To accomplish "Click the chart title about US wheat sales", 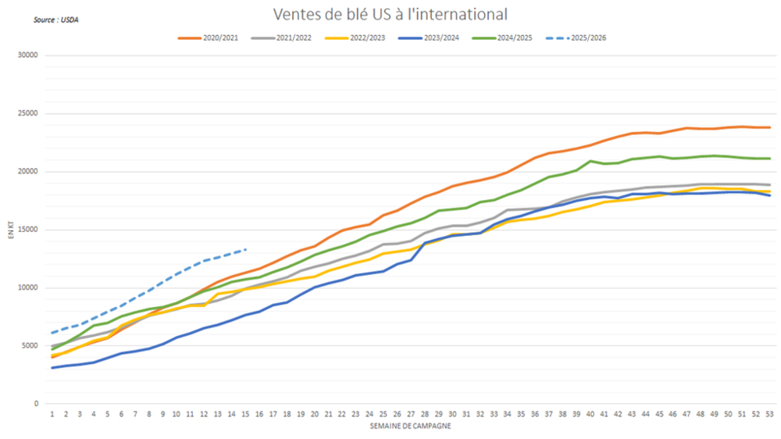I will coord(390,14).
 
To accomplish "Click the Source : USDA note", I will coord(55,19).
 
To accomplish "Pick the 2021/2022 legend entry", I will coord(287,37).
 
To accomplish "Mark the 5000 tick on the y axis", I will coord(30,345).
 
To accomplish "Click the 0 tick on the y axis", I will coord(36,404).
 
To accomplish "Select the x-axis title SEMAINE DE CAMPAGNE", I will coord(411,426).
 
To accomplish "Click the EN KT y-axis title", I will coord(11,230).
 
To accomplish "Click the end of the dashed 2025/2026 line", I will coord(247,249).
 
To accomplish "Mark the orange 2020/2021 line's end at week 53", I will coord(769,127).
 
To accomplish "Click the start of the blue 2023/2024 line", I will coord(52,367).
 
